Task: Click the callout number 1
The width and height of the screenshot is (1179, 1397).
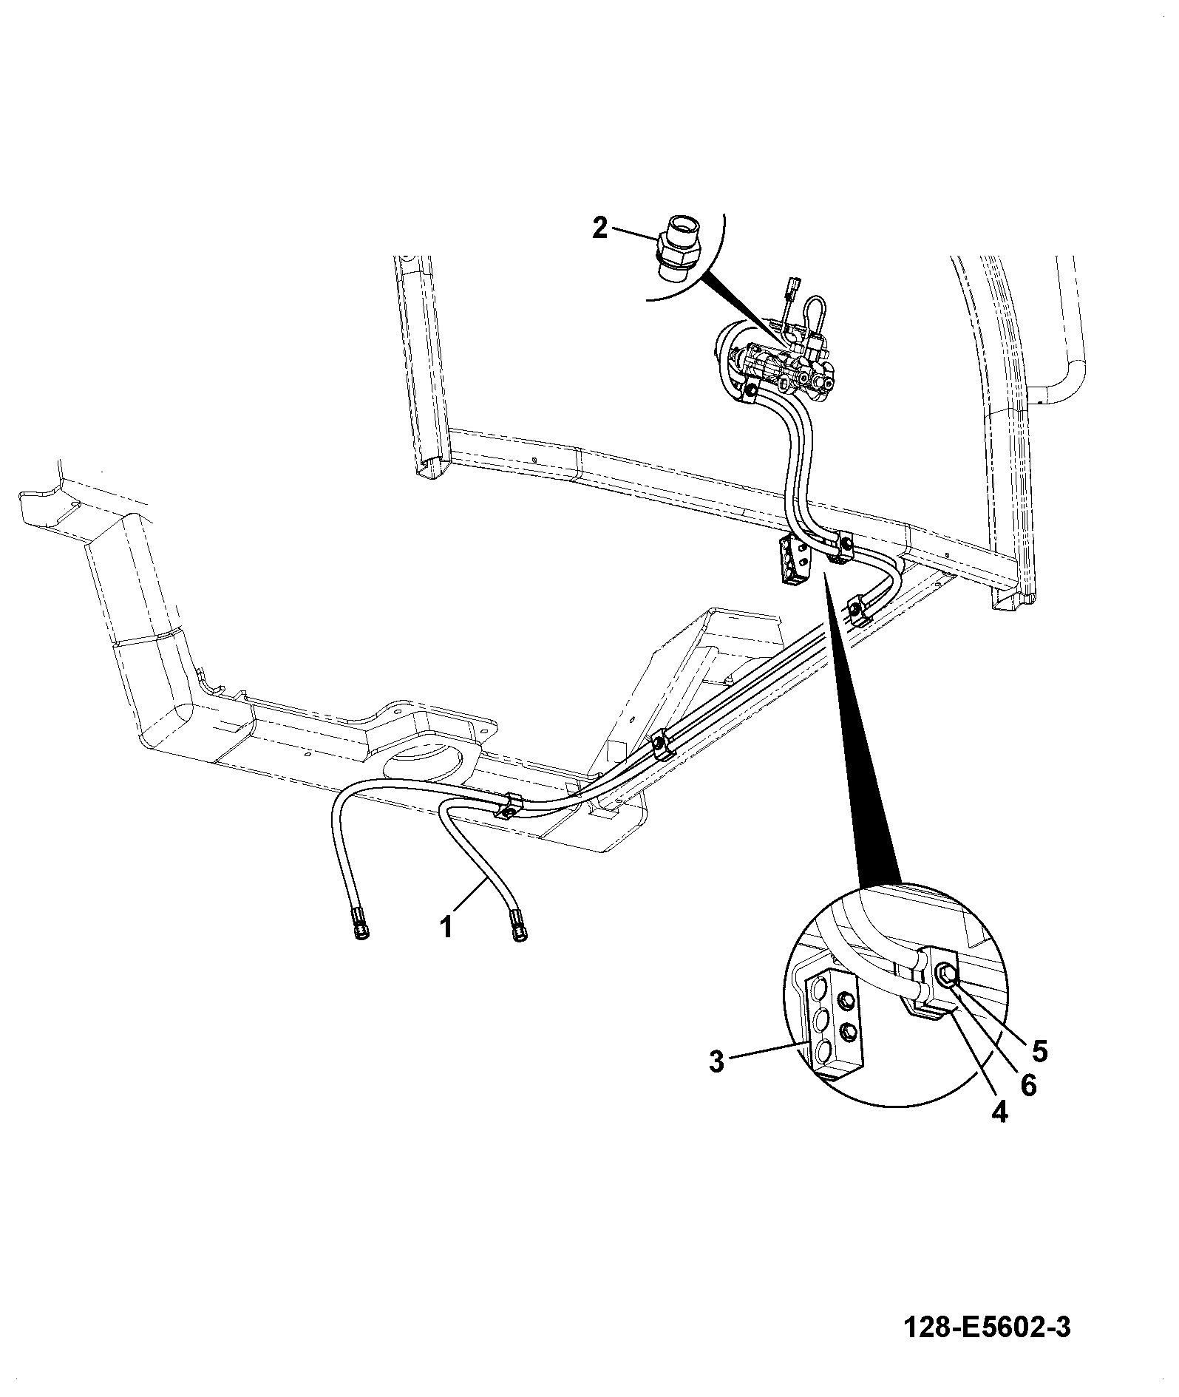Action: tap(446, 927)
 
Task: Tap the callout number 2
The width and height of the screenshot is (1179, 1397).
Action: tap(599, 228)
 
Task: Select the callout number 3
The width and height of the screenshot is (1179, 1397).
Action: tap(716, 1063)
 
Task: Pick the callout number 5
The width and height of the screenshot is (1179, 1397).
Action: tap(1039, 1050)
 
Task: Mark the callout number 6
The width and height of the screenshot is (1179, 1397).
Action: tap(1028, 1085)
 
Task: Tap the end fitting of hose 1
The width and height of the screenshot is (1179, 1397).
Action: tap(517, 927)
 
